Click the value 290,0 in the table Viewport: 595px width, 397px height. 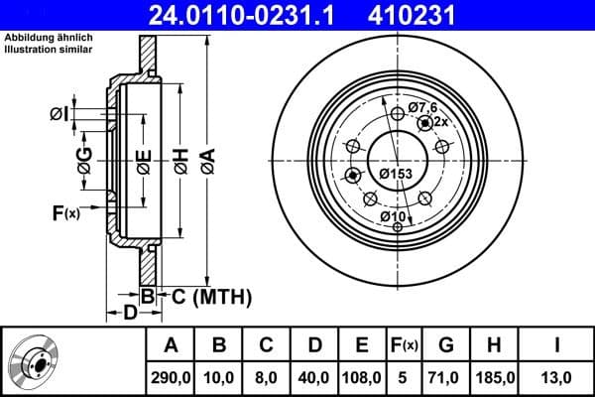(171, 375)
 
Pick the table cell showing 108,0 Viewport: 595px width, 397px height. (362, 375)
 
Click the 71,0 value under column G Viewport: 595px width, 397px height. (446, 375)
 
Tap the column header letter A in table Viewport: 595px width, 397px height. (171, 345)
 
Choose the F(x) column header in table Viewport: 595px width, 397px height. (405, 345)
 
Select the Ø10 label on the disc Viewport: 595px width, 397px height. (393, 216)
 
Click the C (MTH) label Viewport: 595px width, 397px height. (211, 297)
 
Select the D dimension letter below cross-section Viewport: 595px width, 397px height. (130, 315)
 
